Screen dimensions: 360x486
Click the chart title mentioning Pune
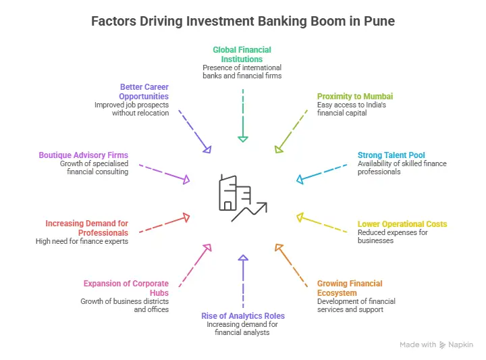coord(243,22)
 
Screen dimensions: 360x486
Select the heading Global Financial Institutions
coord(242,54)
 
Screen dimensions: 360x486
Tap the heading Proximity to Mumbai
coord(355,97)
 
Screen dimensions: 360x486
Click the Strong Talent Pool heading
coord(391,155)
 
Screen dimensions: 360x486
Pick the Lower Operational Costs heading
coord(402,224)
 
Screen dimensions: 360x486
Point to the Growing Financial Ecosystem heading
coord(350,288)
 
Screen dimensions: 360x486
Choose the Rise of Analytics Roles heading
coord(243,316)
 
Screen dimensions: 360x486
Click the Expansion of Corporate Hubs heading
coord(126,288)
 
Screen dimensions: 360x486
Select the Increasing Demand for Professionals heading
coord(86,228)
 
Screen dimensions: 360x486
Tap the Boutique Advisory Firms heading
coord(83,155)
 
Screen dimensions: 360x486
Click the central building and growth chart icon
coord(242,198)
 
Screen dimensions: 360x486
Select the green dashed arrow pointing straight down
coord(242,115)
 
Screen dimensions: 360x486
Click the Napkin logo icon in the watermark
coord(443,344)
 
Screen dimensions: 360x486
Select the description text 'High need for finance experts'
coord(82,241)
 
